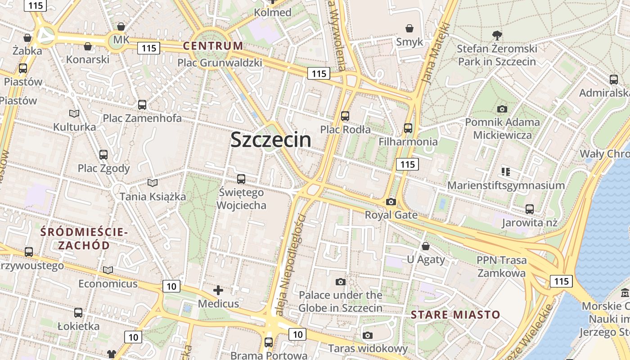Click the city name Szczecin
coord(270,139)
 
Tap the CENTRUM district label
coord(213,45)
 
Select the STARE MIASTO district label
coord(455,314)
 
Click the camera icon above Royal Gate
coord(391,202)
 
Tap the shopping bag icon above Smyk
coord(409,28)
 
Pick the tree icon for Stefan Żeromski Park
coord(497,35)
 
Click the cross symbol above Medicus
coord(218,290)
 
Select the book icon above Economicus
coord(108,270)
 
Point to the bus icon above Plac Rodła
coord(345,116)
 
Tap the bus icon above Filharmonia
coord(408,128)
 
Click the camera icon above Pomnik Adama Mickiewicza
coord(502,109)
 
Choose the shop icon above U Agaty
coord(426,246)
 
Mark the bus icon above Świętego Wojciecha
coord(241,179)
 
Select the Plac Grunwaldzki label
coord(220,63)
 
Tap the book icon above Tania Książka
coord(153,183)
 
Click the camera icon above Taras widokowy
coord(368,335)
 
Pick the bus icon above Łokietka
coord(78,312)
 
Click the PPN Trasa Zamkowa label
coord(501,266)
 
